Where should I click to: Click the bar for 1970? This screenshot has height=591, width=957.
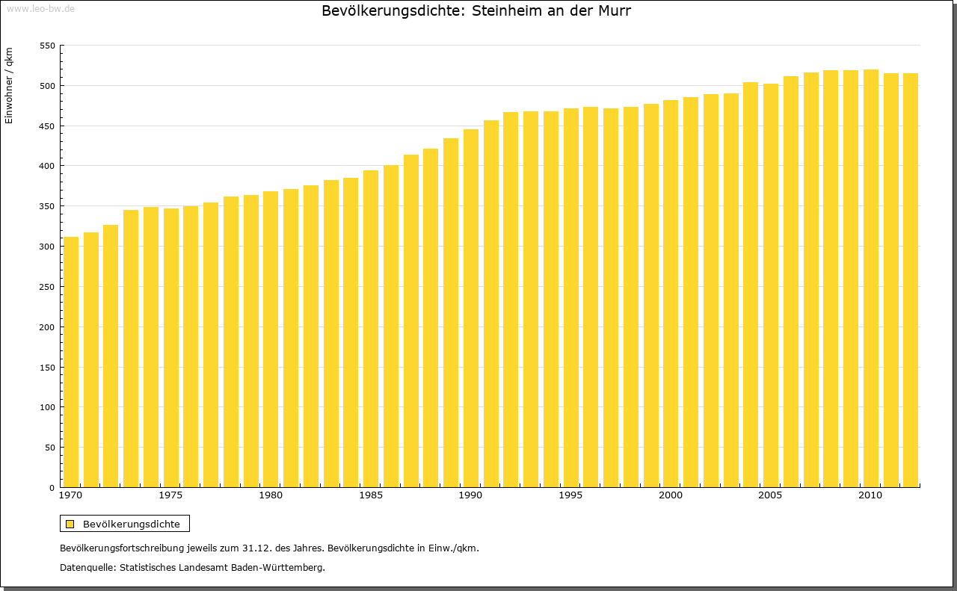pos(71,362)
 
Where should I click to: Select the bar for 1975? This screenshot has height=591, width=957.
pos(171,348)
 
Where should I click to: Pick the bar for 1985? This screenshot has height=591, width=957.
pos(371,329)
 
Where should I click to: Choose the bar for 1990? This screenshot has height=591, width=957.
pos(471,309)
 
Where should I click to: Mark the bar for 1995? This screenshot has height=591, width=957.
pos(571,298)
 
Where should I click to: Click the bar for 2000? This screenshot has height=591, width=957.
pos(671,294)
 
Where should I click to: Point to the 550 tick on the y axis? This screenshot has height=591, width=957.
pos(47,46)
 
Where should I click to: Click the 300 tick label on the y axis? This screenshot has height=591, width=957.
pos(47,247)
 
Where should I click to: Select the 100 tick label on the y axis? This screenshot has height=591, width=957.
pos(47,407)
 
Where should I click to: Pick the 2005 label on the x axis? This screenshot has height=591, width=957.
pos(771,496)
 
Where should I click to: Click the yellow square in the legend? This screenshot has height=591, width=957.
pos(70,524)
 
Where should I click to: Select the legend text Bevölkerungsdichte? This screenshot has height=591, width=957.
pos(132,524)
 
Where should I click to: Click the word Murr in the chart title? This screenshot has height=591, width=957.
pos(616,11)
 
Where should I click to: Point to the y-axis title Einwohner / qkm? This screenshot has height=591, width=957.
pos(9,85)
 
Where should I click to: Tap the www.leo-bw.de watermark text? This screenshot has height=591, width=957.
pos(40,8)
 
